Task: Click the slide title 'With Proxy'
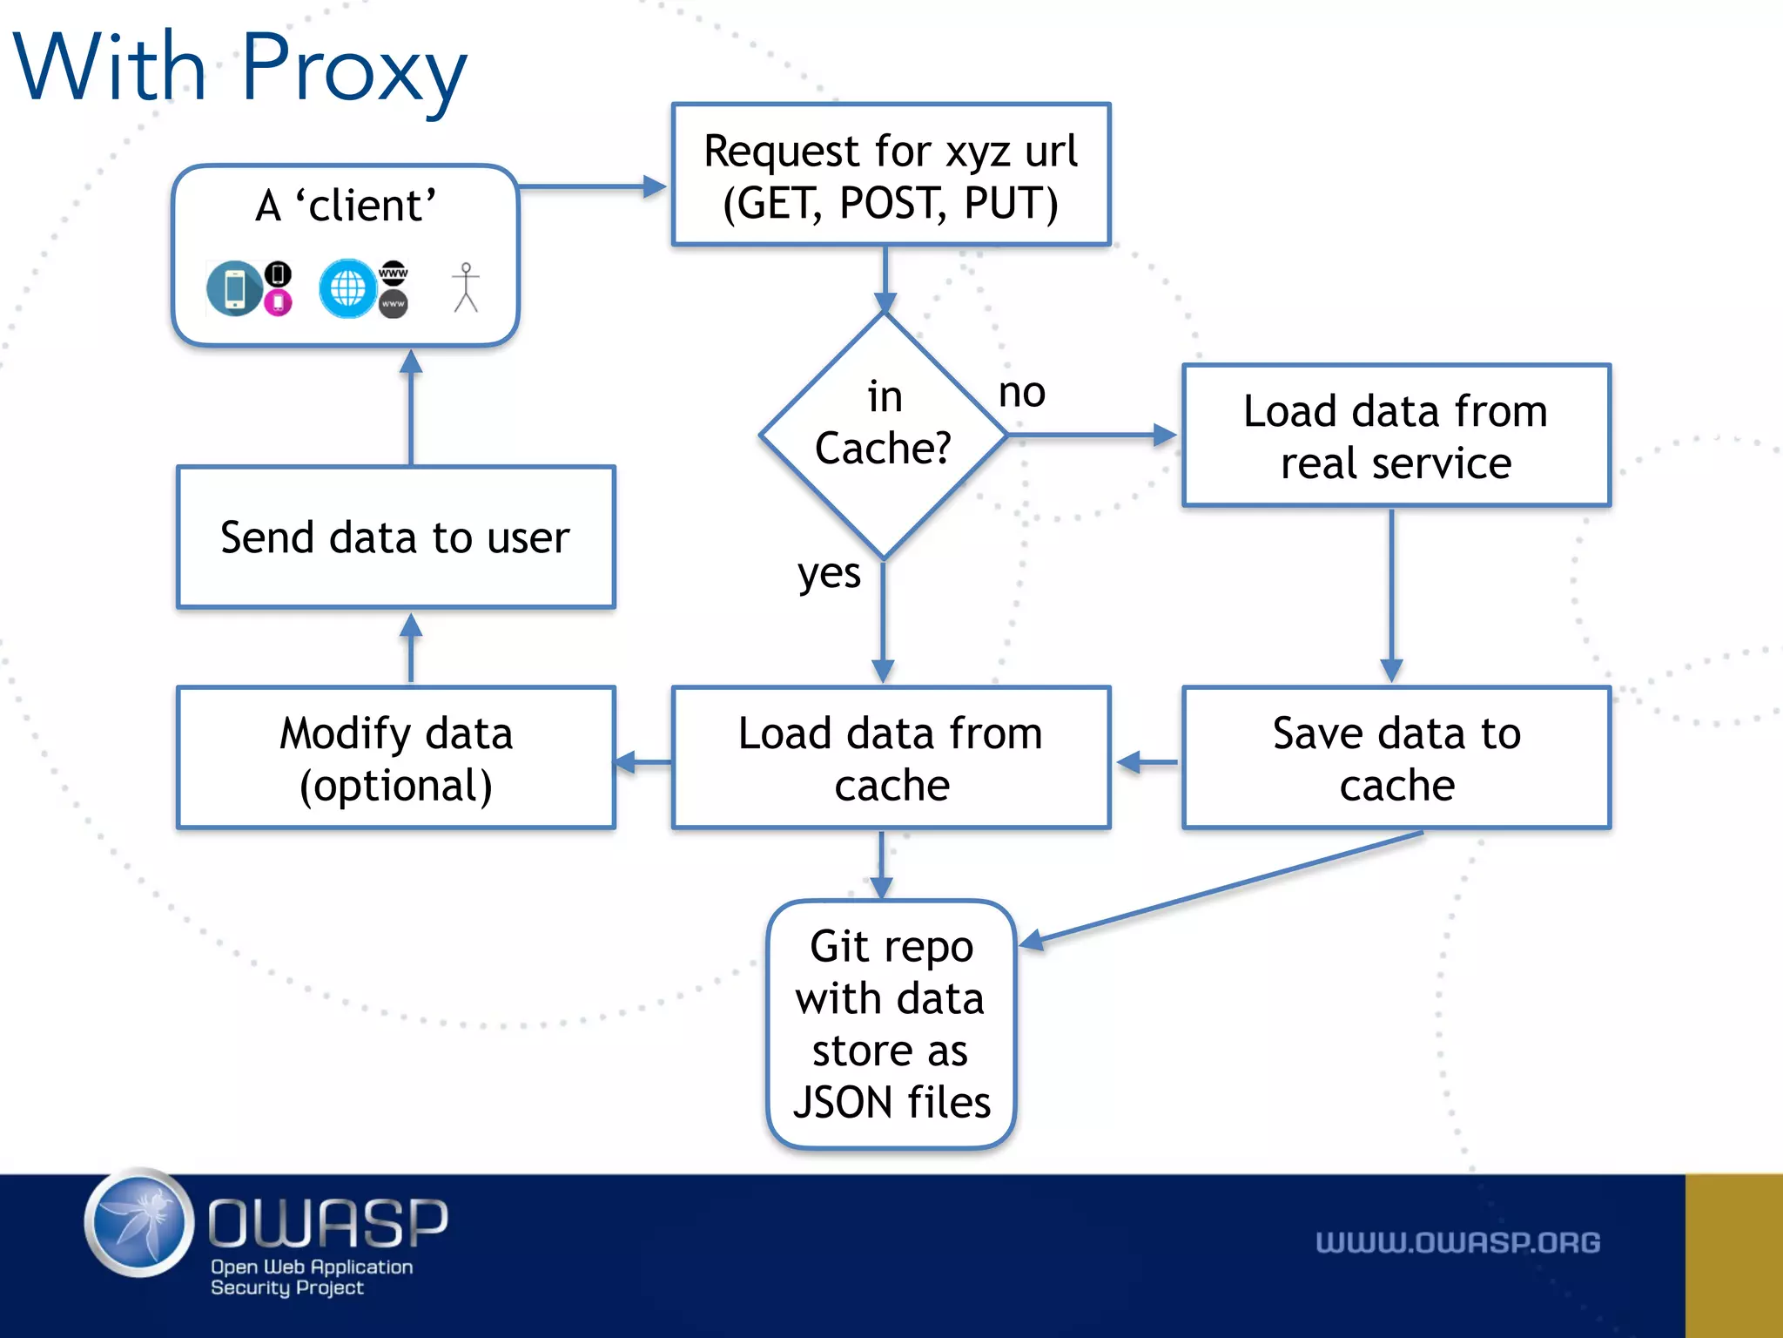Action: tap(240, 68)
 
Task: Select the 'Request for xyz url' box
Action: tap(890, 175)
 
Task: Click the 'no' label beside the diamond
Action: tap(1021, 392)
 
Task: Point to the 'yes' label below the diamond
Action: tap(828, 574)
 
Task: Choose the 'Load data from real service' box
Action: tap(1396, 436)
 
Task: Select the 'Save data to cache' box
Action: tap(1396, 758)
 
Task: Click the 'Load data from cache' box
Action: tap(890, 758)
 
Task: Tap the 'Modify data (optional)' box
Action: tap(396, 758)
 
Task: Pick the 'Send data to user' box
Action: tap(396, 537)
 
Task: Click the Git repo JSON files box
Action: tap(891, 1024)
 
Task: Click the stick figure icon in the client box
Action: tap(466, 287)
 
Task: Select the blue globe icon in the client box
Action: tap(347, 288)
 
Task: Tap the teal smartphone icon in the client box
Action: tap(234, 288)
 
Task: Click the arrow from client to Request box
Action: tap(592, 186)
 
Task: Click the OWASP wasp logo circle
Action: tap(139, 1222)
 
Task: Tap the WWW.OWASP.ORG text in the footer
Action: tap(1457, 1242)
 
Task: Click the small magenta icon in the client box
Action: tap(278, 302)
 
